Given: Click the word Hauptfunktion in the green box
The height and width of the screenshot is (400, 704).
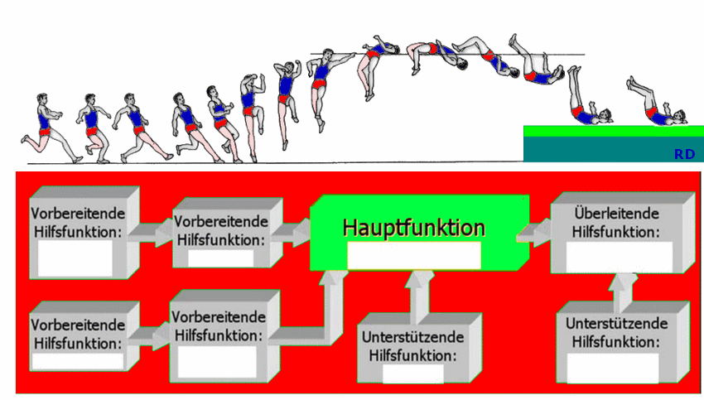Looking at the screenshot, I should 414,227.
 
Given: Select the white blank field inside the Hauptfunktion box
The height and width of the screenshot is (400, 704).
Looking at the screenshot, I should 414,256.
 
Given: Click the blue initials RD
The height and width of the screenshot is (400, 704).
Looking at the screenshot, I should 684,154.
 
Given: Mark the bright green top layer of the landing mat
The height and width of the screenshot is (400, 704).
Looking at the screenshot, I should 613,131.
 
